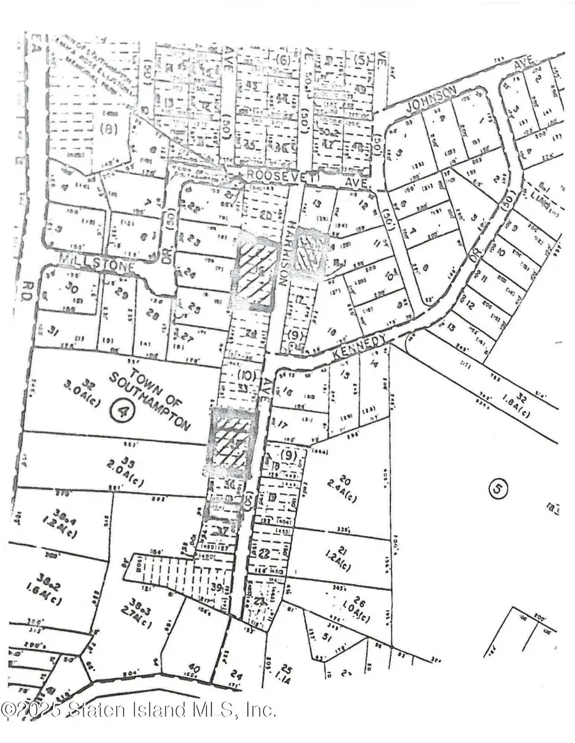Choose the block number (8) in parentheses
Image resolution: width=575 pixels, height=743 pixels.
(109, 128)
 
